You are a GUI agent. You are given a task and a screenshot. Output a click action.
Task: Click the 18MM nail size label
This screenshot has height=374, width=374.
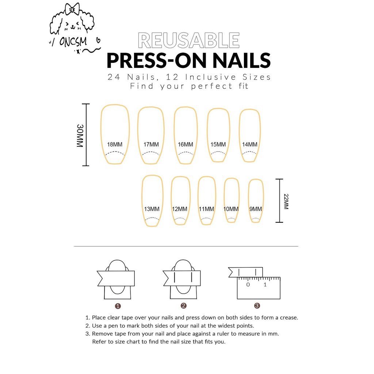point(114,145)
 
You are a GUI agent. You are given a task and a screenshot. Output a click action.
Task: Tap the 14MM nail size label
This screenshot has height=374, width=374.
point(250,145)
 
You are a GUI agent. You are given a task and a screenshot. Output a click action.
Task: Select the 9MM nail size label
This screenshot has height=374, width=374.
point(255,209)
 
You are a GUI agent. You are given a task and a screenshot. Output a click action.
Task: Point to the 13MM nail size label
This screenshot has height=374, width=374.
point(152,209)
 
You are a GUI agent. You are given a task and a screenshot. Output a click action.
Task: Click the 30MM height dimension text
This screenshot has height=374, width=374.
point(80,136)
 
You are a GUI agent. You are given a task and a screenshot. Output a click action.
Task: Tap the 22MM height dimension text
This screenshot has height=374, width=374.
point(286,202)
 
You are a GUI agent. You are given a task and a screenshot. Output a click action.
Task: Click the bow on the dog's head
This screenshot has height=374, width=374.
point(73,9)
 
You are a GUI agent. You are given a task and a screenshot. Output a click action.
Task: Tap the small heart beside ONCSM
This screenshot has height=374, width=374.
point(98,40)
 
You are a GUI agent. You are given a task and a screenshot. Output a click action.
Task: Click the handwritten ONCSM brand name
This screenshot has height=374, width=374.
point(73,42)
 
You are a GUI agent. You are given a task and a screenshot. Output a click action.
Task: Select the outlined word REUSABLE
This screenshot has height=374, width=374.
point(189,41)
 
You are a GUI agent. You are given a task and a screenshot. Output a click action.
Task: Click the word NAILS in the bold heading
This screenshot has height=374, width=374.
point(241,61)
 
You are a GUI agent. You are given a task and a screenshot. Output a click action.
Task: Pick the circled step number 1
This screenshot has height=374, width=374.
point(118,306)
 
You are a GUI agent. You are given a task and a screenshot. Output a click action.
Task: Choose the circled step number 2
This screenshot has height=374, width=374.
point(183,306)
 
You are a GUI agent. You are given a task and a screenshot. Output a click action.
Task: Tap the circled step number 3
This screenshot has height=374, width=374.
point(257,306)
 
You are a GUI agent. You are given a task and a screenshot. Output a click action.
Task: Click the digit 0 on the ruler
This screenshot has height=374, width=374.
point(248,285)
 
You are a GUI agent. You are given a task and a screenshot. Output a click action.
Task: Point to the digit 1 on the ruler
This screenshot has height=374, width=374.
point(265,285)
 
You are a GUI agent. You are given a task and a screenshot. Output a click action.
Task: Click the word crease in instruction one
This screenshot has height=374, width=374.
point(289,318)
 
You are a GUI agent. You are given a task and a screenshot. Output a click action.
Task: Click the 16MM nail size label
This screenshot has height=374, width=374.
point(185,145)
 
